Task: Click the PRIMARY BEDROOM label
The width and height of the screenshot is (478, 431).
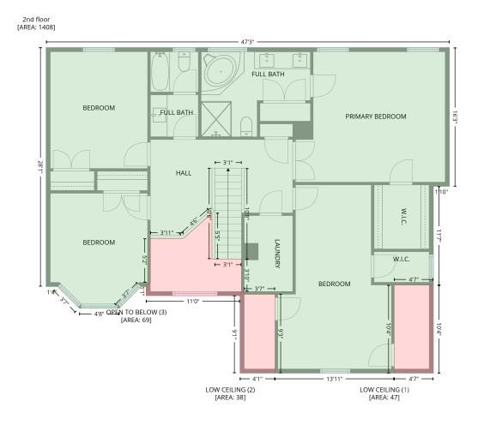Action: click(x=375, y=116)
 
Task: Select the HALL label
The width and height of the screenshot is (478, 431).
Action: click(x=184, y=173)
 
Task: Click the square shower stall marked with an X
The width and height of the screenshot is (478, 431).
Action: click(x=216, y=117)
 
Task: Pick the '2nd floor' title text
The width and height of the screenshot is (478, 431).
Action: click(x=35, y=18)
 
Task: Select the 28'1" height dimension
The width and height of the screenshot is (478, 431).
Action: click(x=40, y=169)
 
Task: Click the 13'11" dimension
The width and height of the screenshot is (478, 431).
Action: click(x=335, y=378)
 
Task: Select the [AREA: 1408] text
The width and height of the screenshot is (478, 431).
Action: click(x=36, y=27)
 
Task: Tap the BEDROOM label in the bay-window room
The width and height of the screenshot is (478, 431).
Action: click(x=99, y=242)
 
